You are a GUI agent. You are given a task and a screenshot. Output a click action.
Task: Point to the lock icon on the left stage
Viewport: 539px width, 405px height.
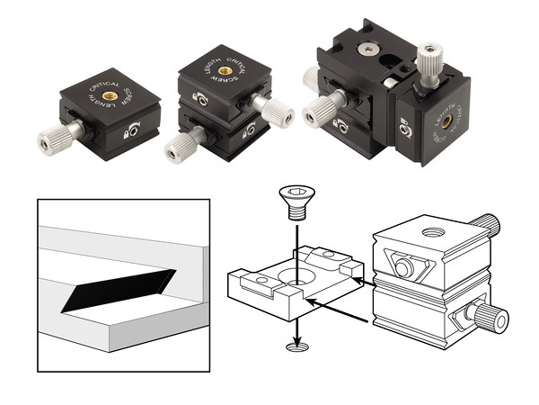(134, 131)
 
